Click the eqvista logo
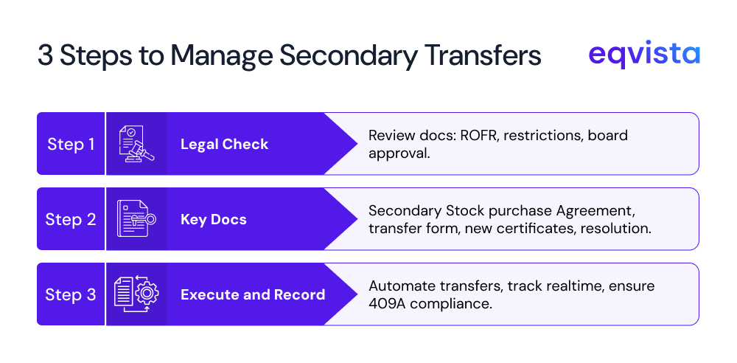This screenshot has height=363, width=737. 644,55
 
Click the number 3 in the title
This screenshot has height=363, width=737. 45,56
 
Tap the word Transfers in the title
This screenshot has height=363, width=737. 486,56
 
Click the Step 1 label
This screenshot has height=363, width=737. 71,144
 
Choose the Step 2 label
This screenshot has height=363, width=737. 71,219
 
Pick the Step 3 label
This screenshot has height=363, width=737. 71,294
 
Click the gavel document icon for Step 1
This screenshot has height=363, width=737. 136,144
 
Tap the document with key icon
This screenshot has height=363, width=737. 136,219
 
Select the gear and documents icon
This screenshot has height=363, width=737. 136,294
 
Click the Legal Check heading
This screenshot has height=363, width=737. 224,144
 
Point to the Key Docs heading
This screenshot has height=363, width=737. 213,219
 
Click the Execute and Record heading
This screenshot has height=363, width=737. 253,294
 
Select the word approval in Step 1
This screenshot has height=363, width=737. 399,153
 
